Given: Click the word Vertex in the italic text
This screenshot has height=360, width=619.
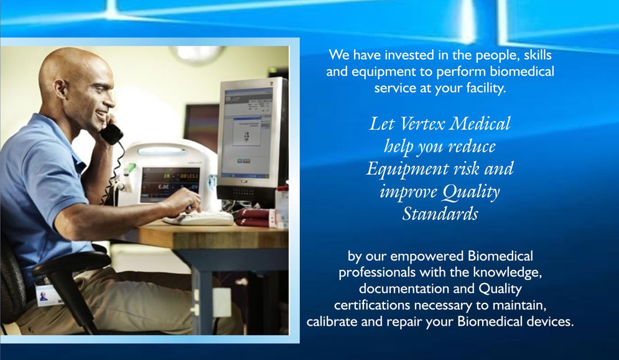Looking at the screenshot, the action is tap(422, 124).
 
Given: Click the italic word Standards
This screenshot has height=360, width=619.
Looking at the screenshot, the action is tap(440, 215).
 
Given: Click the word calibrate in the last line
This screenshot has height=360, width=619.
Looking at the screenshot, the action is tap(332, 321).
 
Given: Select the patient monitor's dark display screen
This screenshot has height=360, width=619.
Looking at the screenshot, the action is tap(170, 183).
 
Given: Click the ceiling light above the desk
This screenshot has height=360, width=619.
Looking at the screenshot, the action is tap(197, 53).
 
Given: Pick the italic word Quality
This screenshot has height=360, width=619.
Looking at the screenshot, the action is tap(471, 192).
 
